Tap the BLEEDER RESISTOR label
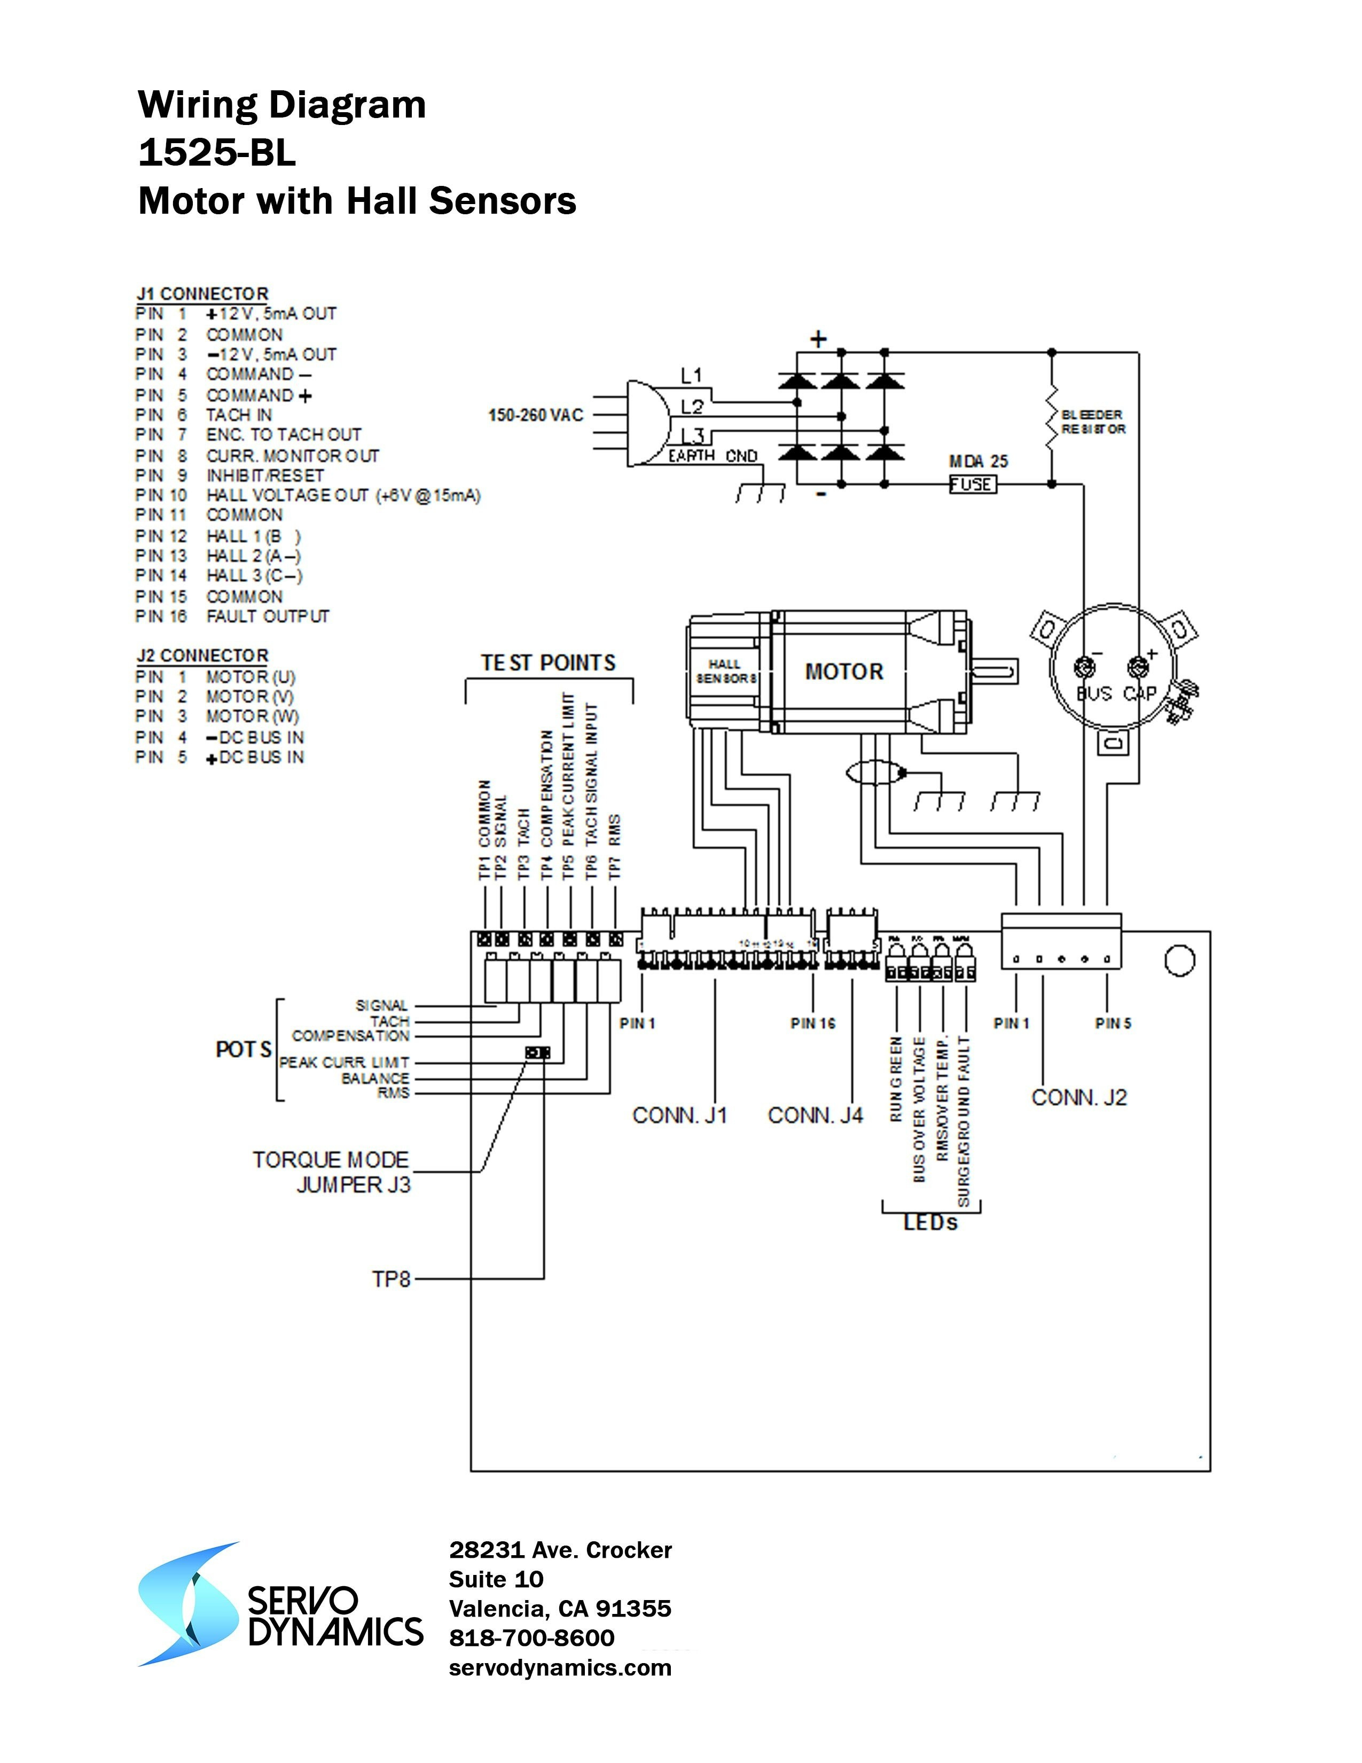pyautogui.click(x=1092, y=422)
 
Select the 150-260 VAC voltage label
pyautogui.click(x=535, y=415)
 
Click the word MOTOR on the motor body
pyautogui.click(x=844, y=672)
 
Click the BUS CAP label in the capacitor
pyautogui.click(x=1117, y=693)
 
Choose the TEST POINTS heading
pyautogui.click(x=548, y=664)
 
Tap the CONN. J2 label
pyautogui.click(x=1079, y=1098)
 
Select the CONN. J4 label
pyautogui.click(x=815, y=1115)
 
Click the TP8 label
pyautogui.click(x=392, y=1280)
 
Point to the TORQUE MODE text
pyautogui.click(x=331, y=1160)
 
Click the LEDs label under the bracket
pyautogui.click(x=930, y=1223)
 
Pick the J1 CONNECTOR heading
pyautogui.click(x=202, y=294)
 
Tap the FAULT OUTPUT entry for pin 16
pyautogui.click(x=268, y=617)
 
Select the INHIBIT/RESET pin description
pyautogui.click(x=264, y=475)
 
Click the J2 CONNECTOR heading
pyautogui.click(x=202, y=656)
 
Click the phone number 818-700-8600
pyautogui.click(x=532, y=1638)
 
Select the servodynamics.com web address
pyautogui.click(x=560, y=1668)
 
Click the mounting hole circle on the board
pyautogui.click(x=1180, y=961)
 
